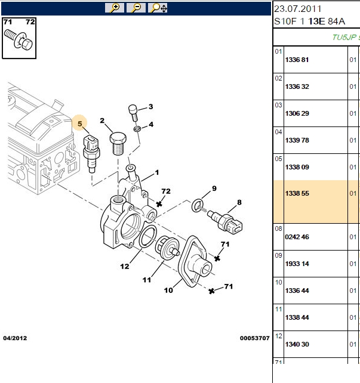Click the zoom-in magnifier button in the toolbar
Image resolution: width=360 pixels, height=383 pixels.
pos(115,8)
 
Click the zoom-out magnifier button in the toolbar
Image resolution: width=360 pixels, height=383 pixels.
pos(136,8)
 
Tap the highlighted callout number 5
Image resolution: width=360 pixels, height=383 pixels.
pos(79,123)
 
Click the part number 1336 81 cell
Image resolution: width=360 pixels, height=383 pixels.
pos(297,60)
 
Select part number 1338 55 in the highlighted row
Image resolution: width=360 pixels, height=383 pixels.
pos(297,193)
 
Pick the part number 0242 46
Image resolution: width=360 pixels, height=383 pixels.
pos(297,237)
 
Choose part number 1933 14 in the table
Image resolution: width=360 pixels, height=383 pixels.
pos(297,264)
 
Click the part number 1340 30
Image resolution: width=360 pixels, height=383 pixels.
pos(297,344)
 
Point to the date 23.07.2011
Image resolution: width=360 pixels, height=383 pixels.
pos(298,9)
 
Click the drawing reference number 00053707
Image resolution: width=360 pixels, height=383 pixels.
pos(255,338)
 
